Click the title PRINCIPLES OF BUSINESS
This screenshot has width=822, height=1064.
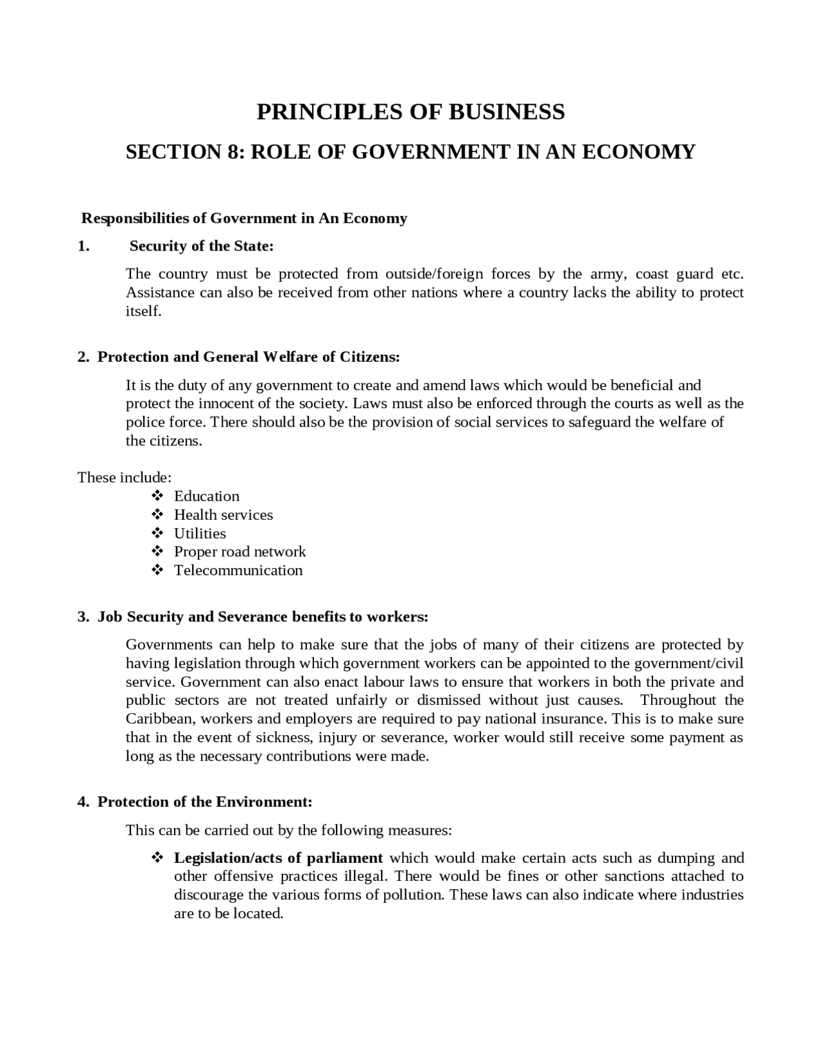(410, 112)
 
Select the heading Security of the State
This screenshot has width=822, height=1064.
(202, 246)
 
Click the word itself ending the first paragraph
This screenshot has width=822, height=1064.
(143, 312)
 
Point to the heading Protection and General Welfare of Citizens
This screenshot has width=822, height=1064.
(249, 357)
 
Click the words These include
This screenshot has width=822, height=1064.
(125, 477)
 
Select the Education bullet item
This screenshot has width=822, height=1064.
(207, 496)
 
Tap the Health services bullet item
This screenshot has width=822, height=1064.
(223, 515)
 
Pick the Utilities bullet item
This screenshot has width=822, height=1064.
(200, 533)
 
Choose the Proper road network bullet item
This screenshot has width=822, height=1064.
(240, 552)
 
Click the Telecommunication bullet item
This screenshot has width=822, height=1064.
(238, 571)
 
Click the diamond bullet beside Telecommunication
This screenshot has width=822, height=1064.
(157, 571)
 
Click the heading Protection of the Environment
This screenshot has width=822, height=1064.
(205, 802)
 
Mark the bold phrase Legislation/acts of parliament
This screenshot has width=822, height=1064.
(279, 858)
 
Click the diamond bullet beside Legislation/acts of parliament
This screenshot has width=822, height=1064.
(157, 858)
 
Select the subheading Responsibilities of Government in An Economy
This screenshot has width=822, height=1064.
(244, 218)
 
